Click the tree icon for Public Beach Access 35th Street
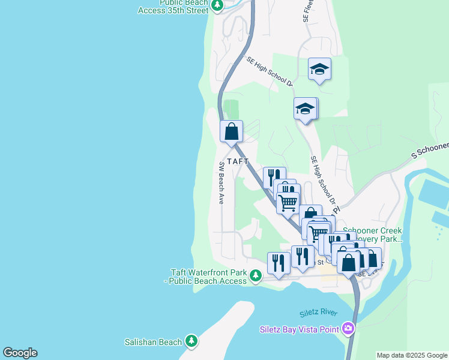(x=218, y=6)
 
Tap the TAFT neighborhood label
(x=238, y=161)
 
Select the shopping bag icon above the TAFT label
(x=231, y=131)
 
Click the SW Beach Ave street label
(x=221, y=183)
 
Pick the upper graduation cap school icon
(x=319, y=70)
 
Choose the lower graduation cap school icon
(x=305, y=109)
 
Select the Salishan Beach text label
(x=152, y=342)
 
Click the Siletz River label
(x=318, y=313)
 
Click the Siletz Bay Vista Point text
(x=299, y=329)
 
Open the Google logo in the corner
(x=20, y=353)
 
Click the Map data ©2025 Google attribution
(x=412, y=355)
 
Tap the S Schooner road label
(x=430, y=149)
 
